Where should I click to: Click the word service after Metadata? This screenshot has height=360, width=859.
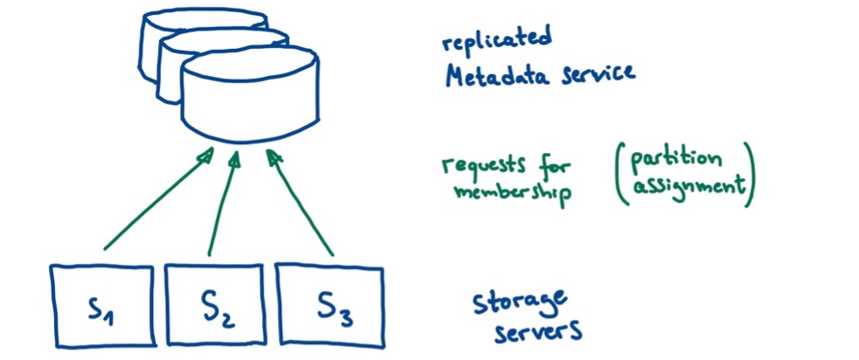click(x=599, y=74)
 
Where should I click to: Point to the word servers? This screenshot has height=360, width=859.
click(x=538, y=333)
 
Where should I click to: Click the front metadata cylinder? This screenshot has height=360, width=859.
click(x=250, y=96)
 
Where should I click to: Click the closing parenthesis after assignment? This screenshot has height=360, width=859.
click(x=749, y=174)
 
